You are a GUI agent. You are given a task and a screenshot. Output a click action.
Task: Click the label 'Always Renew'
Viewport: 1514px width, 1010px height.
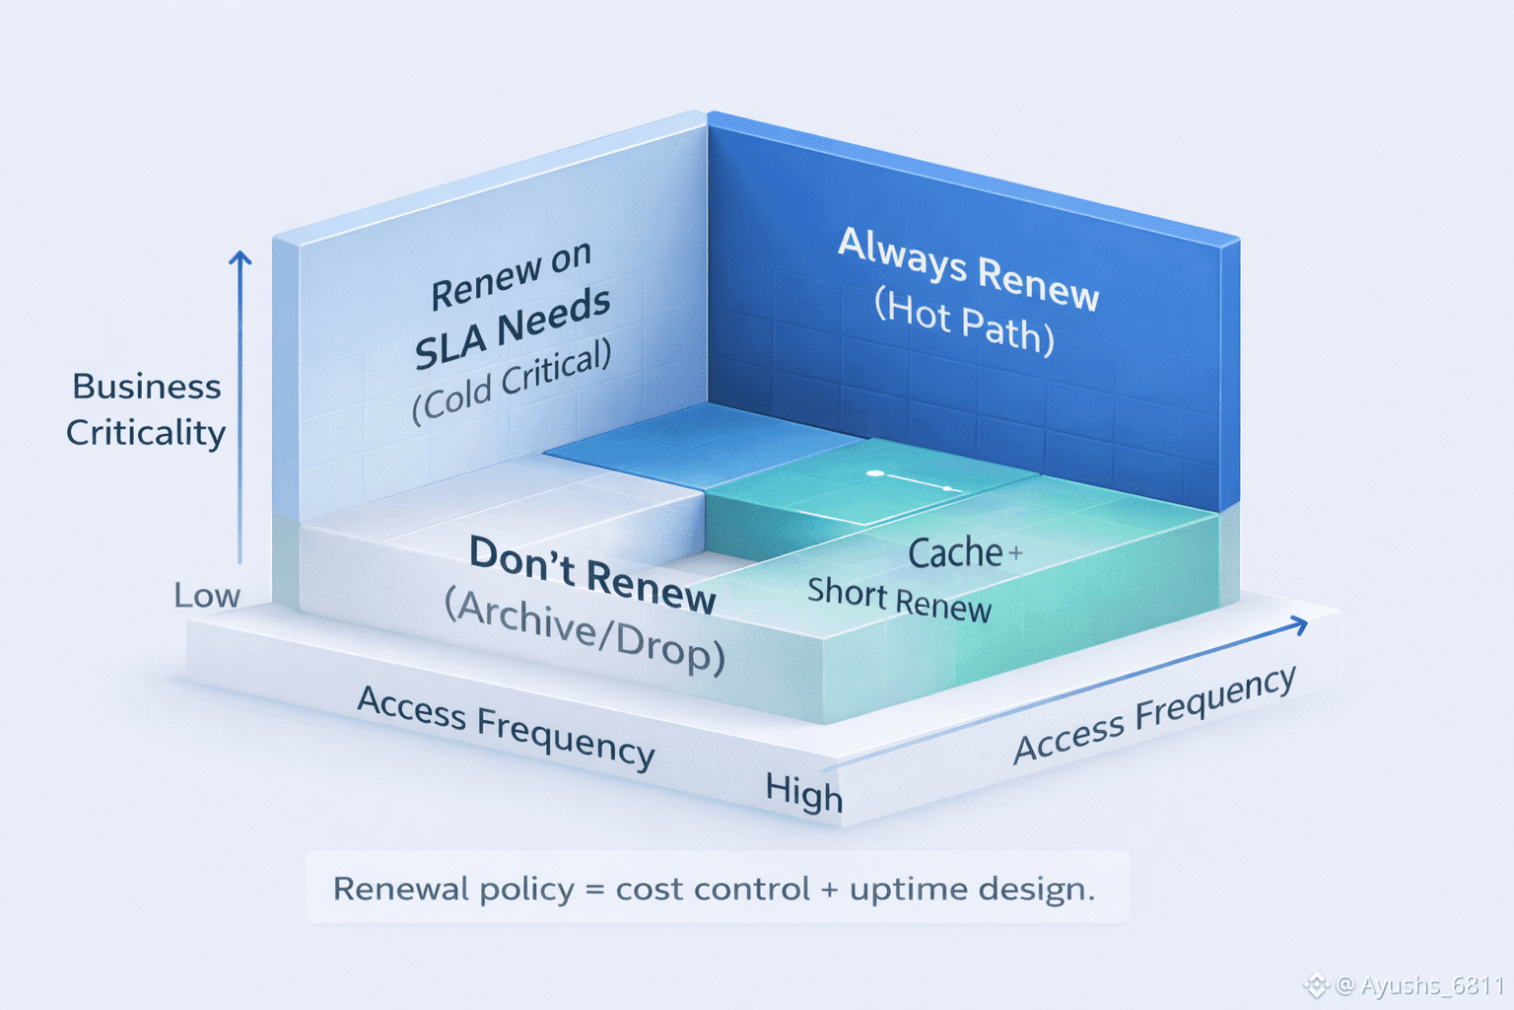click(x=968, y=270)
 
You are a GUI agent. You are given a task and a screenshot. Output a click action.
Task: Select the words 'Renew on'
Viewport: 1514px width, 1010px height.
click(x=511, y=275)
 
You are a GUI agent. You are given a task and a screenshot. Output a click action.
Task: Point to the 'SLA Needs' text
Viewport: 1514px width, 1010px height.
click(x=513, y=328)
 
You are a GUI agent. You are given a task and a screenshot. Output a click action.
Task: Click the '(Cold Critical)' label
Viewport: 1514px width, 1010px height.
click(x=512, y=382)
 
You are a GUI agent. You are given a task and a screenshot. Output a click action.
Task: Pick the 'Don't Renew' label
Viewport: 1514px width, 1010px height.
click(x=592, y=575)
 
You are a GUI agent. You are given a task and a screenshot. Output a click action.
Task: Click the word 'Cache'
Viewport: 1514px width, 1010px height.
click(x=955, y=552)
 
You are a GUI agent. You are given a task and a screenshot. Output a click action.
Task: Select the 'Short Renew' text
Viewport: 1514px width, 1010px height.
click(x=900, y=600)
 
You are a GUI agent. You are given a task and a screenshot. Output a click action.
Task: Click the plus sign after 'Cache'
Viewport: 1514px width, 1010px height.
click(x=1015, y=554)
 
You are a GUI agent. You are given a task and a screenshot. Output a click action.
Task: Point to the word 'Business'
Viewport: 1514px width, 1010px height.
click(x=147, y=387)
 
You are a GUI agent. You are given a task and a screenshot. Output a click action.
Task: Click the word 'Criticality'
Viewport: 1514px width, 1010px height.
click(x=145, y=433)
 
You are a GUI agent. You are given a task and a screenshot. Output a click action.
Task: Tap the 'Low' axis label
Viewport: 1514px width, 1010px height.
click(x=207, y=596)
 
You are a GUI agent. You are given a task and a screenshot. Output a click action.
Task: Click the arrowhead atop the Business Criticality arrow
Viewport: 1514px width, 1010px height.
click(x=240, y=257)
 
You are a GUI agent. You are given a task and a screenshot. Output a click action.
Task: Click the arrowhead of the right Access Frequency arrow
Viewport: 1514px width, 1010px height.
click(x=1298, y=625)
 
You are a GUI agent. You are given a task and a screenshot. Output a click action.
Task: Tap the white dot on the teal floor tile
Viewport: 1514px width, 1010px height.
click(x=875, y=473)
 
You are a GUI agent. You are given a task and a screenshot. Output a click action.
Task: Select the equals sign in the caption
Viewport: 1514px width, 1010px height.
click(x=594, y=890)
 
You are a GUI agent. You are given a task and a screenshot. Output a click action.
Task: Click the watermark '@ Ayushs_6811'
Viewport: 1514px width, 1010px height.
click(x=1419, y=985)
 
